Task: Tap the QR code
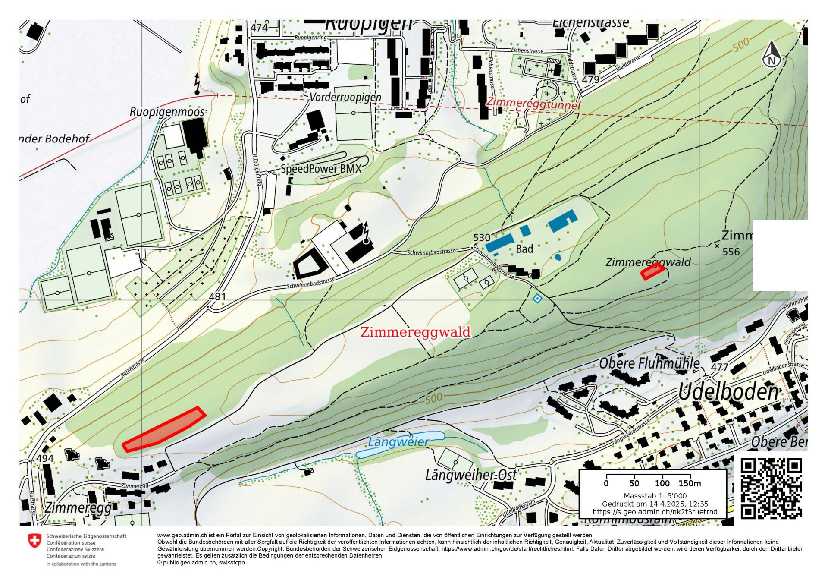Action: [x=771, y=488]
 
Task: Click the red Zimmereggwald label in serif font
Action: [x=415, y=332]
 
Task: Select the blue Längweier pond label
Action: [x=398, y=442]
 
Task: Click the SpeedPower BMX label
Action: [x=321, y=169]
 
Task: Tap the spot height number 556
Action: [x=731, y=252]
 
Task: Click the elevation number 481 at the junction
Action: [x=217, y=297]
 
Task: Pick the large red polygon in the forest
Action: [x=164, y=429]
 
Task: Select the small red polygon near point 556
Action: [x=652, y=271]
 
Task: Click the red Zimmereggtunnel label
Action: [x=533, y=104]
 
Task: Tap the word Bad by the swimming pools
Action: [x=524, y=249]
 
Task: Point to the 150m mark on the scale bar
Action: [x=690, y=483]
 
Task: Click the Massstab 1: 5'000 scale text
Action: [x=655, y=496]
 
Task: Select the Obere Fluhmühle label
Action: [x=649, y=363]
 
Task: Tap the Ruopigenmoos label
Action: [x=167, y=112]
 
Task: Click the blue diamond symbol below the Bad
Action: [x=537, y=298]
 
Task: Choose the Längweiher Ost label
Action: [x=471, y=476]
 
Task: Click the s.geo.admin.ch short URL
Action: [x=655, y=512]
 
